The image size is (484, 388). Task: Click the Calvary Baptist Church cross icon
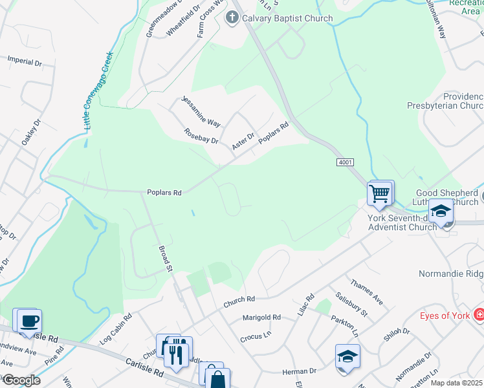[232, 18]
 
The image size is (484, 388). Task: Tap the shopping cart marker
[379, 193]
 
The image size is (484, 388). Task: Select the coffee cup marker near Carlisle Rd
[29, 321]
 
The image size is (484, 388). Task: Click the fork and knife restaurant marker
[175, 353]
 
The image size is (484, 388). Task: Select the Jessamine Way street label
[201, 111]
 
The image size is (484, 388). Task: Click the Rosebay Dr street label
[201, 136]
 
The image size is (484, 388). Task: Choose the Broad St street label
[166, 257]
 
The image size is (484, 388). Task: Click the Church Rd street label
[239, 299]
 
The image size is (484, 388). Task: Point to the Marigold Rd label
[261, 318]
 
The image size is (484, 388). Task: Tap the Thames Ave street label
[366, 293]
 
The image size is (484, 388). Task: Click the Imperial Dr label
[24, 62]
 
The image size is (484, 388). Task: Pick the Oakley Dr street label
[30, 132]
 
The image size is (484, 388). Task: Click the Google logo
[21, 380]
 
